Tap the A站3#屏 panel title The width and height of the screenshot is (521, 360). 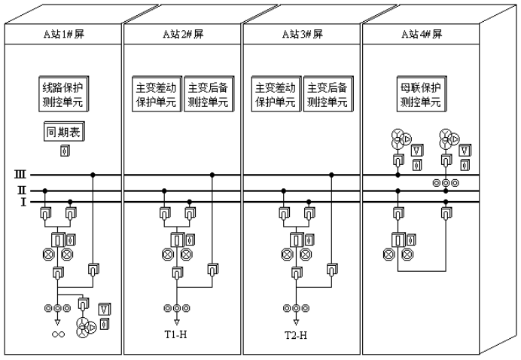tap(301, 35)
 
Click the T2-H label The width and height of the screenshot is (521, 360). tap(297, 334)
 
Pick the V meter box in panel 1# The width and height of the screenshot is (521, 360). tap(105, 308)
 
